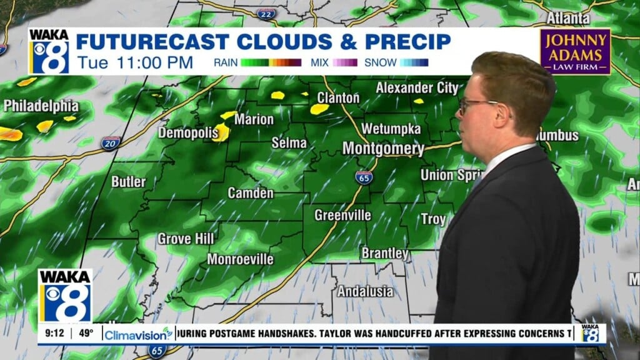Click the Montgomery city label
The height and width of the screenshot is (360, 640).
coord(383,149)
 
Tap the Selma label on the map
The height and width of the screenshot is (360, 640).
coord(289,142)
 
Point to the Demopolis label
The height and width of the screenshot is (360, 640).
coord(187,132)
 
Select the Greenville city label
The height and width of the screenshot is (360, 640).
coord(342,215)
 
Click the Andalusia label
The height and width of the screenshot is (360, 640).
coord(366,291)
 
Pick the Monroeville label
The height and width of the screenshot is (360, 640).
coord(240,259)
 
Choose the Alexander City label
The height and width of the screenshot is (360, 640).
coord(416,88)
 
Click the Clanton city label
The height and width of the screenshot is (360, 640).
coord(338,98)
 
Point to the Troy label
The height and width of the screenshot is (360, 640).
coord(433,219)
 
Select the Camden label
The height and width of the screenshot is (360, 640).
coord(250,192)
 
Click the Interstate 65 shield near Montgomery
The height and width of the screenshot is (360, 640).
coord(364,177)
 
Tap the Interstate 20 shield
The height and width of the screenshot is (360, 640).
coord(111,142)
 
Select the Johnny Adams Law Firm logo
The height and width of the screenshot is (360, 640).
coord(575,51)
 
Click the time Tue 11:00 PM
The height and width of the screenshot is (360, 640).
coord(135,62)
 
